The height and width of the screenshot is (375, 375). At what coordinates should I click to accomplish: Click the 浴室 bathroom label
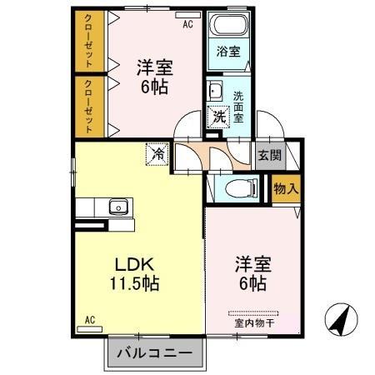click(x=228, y=52)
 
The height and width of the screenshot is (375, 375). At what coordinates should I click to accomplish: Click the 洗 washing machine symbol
click(x=218, y=117)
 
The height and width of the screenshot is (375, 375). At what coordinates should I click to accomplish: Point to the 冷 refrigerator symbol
click(x=156, y=153)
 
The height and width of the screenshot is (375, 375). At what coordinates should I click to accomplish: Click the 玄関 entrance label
click(x=268, y=154)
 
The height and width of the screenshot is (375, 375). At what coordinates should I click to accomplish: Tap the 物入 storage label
click(x=285, y=189)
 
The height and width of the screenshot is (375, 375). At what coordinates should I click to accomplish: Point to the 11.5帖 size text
click(x=132, y=283)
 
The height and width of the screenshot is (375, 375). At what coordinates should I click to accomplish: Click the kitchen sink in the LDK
click(x=117, y=206)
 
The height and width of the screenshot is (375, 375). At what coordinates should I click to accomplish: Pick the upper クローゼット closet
click(x=85, y=41)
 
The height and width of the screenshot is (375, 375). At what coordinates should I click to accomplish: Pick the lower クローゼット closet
click(x=85, y=106)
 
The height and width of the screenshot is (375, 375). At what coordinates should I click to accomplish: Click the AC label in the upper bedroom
click(x=188, y=24)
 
